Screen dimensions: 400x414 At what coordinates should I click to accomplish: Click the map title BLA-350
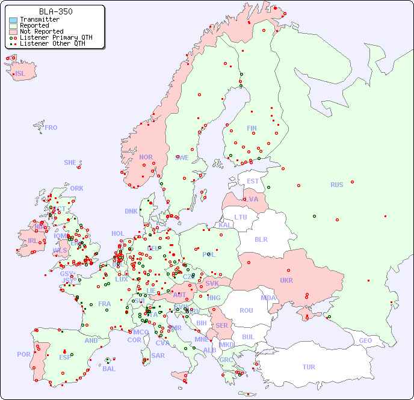[55, 11]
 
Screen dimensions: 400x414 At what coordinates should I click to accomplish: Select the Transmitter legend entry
[39, 20]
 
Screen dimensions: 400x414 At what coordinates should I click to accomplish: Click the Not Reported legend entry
[41, 31]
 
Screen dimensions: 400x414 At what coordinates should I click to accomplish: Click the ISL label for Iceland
[20, 74]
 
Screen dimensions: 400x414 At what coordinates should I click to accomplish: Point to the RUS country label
[336, 185]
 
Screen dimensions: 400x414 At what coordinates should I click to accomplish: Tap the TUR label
[309, 367]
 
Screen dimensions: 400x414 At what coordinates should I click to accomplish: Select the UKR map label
[286, 280]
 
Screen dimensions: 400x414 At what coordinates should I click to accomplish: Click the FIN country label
[252, 128]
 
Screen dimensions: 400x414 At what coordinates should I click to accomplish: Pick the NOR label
[146, 157]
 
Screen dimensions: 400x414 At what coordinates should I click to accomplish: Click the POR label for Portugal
[23, 354]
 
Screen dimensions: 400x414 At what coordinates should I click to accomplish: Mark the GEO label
[365, 340]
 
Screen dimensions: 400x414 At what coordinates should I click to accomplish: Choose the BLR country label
[261, 239]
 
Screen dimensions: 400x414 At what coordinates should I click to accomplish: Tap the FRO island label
[51, 128]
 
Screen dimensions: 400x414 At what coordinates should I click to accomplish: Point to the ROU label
[246, 310]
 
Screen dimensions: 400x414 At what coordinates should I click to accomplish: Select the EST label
[253, 181]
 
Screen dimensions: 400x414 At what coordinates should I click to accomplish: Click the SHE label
[70, 162]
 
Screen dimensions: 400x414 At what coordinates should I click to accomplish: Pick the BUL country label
[248, 337]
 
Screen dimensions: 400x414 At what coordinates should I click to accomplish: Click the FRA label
[105, 304]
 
